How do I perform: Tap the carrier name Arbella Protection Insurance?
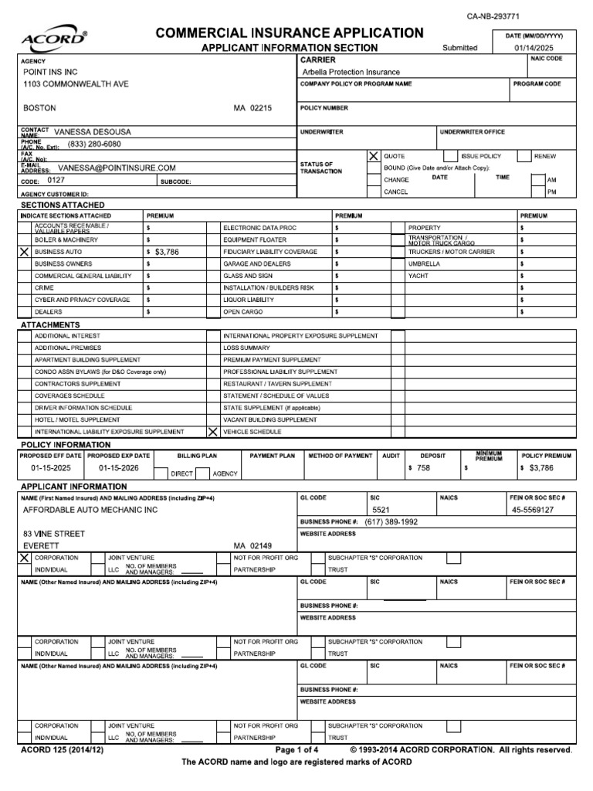351,72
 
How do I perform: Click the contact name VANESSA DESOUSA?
93,132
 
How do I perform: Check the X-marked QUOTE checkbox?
374,156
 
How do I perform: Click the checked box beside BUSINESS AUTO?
23,252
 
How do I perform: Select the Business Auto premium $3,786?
167,252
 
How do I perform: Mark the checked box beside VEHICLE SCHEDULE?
212,432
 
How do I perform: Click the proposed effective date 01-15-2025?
51,468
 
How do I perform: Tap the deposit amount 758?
423,468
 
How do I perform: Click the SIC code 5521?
382,511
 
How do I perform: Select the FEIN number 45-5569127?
532,511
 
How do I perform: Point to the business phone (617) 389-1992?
391,522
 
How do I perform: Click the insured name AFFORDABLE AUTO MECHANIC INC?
90,511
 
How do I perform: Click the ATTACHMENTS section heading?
49,325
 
